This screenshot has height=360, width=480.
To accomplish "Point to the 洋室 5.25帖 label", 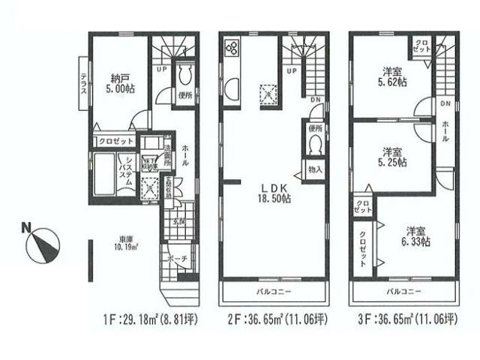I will point(390,155).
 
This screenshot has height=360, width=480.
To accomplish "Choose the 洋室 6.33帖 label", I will point(413,235).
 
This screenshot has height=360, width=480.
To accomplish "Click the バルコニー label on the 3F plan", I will point(403,291).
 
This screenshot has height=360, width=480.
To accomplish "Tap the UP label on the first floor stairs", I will point(161,68).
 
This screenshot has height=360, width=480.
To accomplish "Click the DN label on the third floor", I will point(445,103).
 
